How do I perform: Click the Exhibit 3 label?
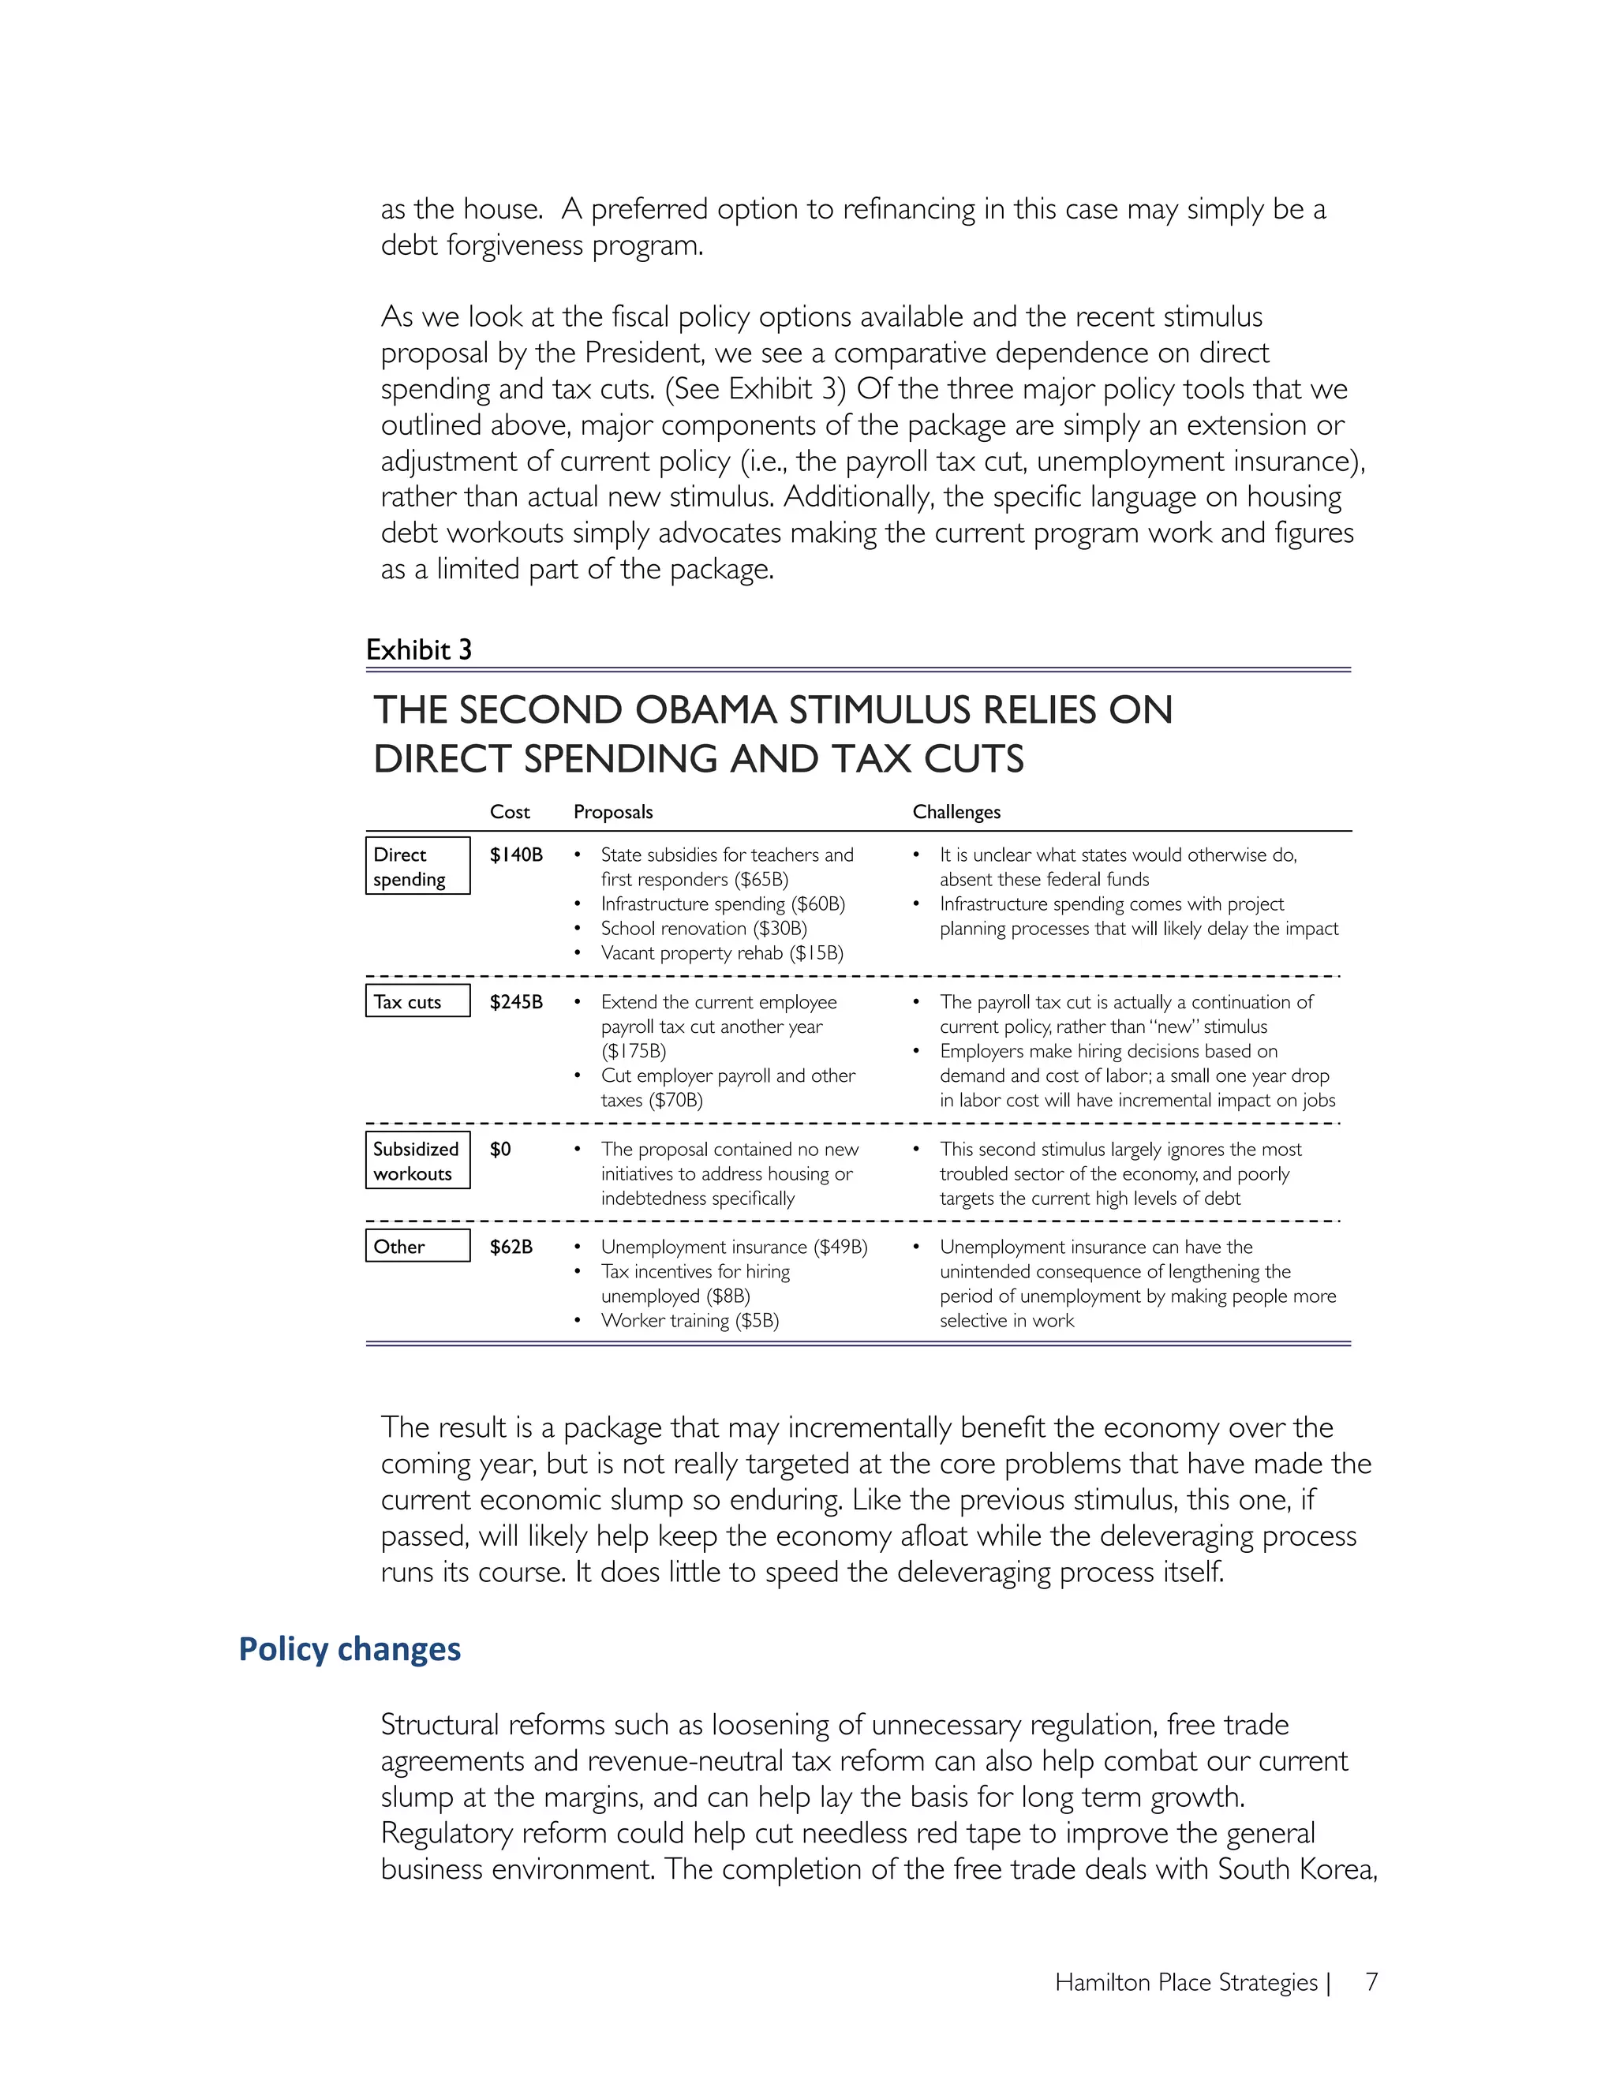point(418,650)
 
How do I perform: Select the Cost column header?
point(509,812)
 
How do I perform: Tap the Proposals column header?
point(612,812)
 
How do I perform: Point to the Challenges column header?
point(956,812)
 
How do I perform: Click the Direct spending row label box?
point(417,866)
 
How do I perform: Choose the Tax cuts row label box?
point(417,1001)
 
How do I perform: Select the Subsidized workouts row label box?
point(417,1161)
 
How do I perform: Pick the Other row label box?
point(417,1246)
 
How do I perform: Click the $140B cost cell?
point(516,855)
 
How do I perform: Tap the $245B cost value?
point(516,1001)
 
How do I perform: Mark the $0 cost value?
point(499,1149)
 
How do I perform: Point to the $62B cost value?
point(511,1247)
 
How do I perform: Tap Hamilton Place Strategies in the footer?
point(1186,1982)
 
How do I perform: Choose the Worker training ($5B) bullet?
point(690,1320)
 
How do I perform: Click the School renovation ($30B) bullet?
point(704,929)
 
